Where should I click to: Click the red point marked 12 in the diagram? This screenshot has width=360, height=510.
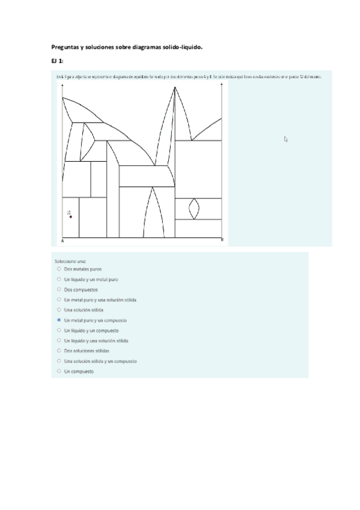71,217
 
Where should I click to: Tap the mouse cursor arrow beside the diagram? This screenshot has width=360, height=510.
286,139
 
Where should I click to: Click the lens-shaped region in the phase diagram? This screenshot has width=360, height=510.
194,209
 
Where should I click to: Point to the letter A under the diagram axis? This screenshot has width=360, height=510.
63,241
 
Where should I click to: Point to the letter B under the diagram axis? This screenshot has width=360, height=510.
222,241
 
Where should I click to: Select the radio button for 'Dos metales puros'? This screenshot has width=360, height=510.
59,269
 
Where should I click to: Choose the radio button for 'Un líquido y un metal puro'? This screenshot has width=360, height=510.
59,280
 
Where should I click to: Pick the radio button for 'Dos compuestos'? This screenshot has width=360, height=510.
59,290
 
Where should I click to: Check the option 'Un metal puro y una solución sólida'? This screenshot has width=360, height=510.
59,300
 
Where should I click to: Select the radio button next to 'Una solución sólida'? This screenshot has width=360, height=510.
59,310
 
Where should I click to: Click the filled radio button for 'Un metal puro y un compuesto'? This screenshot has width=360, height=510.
59,320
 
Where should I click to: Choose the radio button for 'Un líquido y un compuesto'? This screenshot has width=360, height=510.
59,330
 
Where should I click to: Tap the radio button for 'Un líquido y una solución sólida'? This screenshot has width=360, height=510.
59,340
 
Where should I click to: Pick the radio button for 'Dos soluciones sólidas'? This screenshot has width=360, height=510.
59,350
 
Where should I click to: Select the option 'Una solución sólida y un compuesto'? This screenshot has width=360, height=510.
59,361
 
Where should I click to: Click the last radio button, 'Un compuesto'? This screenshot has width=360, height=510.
59,371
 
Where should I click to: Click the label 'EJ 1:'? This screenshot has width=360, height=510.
57,61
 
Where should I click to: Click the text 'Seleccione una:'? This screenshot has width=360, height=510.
71,261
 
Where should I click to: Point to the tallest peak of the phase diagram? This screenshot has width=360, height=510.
175,88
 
